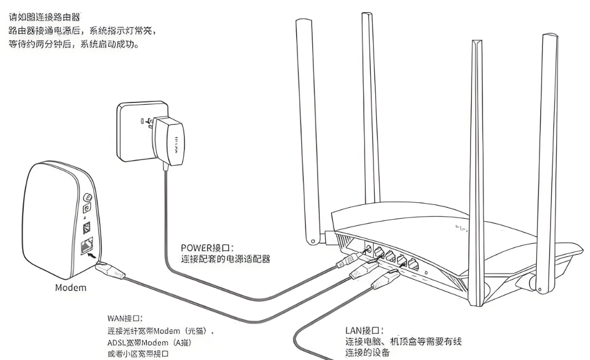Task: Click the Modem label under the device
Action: [x=71, y=288]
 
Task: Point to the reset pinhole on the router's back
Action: [x=425, y=272]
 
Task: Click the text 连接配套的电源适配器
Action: [x=225, y=258]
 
